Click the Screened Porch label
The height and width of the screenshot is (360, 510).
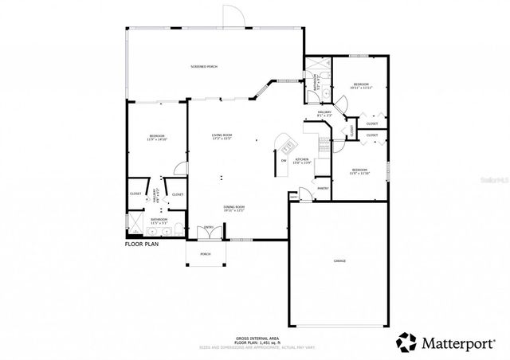[204, 66]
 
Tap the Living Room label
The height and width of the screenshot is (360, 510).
[222, 136]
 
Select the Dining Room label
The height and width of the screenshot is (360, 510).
[233, 208]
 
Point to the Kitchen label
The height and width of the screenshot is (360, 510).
[302, 162]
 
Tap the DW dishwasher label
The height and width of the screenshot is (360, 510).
[283, 162]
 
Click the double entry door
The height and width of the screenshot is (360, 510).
[209, 233]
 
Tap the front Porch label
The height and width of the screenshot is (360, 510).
[206, 256]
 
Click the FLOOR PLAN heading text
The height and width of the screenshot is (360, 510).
[143, 245]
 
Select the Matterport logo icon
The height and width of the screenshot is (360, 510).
[406, 342]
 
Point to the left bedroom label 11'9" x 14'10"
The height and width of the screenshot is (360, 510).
[156, 139]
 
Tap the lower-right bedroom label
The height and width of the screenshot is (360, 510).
[360, 171]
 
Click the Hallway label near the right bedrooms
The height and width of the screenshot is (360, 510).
[324, 114]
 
